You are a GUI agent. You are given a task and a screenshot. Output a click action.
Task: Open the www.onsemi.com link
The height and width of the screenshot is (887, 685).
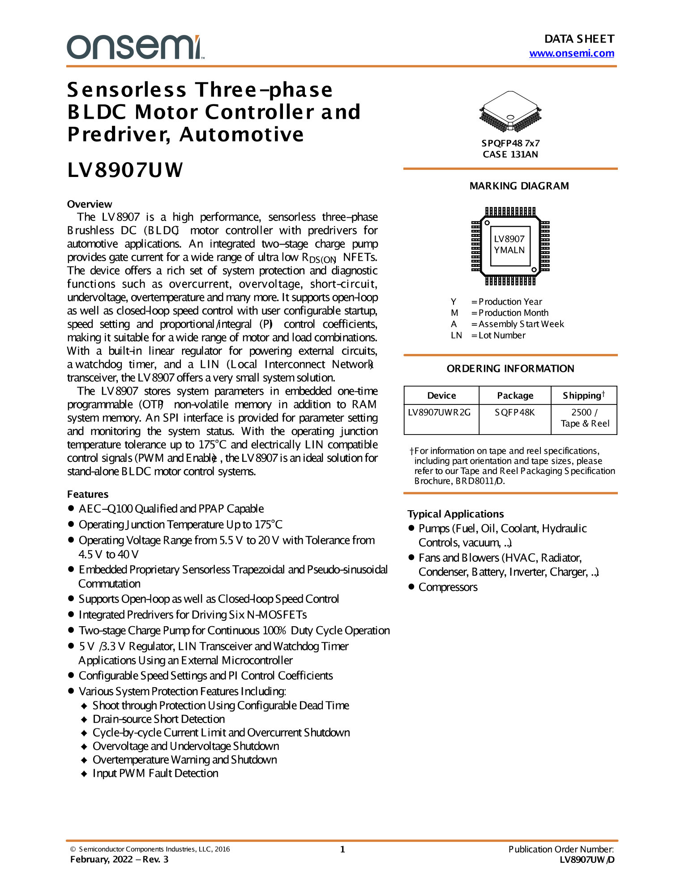click(x=571, y=53)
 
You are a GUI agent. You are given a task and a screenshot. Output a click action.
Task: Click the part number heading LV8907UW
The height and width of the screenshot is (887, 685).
click(x=125, y=170)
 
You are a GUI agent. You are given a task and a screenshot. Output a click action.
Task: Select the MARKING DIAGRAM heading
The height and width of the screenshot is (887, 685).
click(x=519, y=186)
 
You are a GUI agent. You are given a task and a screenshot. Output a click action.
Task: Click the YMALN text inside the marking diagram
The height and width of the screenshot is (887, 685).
click(x=509, y=250)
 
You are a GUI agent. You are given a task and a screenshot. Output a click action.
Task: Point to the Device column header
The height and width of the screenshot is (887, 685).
click(x=441, y=396)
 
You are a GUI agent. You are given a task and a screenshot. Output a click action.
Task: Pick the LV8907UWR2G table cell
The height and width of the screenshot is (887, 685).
click(x=439, y=412)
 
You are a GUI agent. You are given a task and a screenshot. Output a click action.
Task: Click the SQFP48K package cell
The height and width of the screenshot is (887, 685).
click(x=514, y=412)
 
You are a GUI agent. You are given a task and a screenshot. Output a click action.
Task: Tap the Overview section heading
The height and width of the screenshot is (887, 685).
click(x=90, y=204)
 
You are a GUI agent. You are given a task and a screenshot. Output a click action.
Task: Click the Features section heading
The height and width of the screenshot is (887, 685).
click(x=88, y=494)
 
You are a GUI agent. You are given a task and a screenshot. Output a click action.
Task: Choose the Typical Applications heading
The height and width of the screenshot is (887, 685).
click(x=455, y=514)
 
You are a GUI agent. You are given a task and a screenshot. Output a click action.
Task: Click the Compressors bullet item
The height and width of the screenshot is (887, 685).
click(x=448, y=587)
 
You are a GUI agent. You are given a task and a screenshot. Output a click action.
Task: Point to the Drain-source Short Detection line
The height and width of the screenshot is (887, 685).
click(x=158, y=719)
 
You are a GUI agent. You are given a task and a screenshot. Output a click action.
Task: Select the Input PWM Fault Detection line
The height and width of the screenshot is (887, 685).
click(x=155, y=773)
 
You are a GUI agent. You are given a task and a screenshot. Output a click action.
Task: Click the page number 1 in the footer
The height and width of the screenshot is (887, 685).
click(x=342, y=849)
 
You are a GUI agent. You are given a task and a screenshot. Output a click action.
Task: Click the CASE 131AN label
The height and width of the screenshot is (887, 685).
click(x=510, y=155)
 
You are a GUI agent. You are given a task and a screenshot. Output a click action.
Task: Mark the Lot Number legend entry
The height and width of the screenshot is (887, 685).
click(x=501, y=336)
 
